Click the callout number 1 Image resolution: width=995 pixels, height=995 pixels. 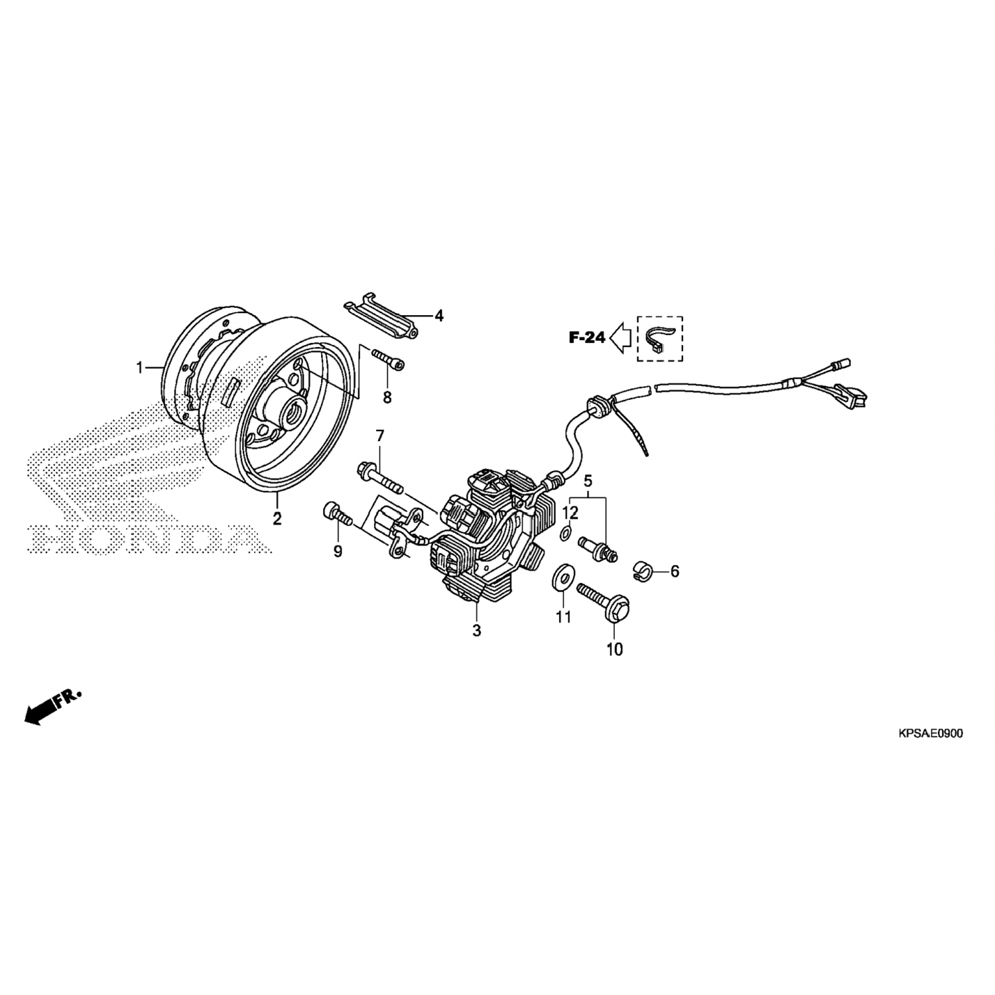tap(140, 367)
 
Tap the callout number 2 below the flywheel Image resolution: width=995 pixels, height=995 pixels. tap(277, 518)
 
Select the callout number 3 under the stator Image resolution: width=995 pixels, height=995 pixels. tap(476, 631)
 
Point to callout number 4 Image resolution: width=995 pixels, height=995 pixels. tap(438, 316)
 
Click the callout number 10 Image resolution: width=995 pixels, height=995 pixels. tap(615, 649)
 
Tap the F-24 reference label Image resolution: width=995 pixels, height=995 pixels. tap(587, 338)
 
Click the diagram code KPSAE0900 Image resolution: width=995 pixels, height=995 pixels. tap(931, 733)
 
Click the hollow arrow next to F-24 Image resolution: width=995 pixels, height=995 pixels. tap(621, 338)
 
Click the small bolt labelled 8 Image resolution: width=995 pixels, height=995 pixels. tap(388, 359)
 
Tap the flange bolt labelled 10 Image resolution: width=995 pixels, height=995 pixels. tap(602, 602)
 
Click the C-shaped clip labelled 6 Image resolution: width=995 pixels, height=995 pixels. tap(641, 570)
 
